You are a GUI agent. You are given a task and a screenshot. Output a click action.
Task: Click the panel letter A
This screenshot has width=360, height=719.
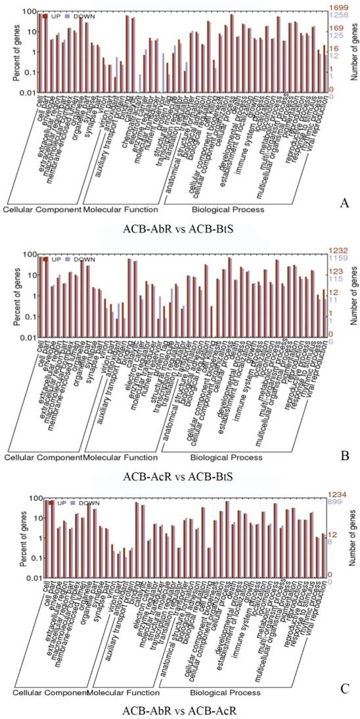344,204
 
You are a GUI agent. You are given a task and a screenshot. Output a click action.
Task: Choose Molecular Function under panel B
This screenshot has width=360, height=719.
122,456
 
